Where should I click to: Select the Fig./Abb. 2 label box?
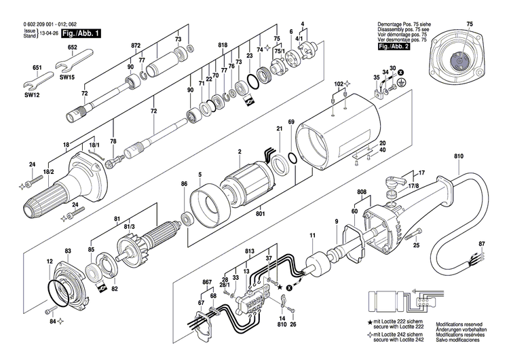click(395, 47)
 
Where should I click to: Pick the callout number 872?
click(136, 45)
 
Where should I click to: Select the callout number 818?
click(222, 45)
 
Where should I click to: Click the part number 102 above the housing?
click(339, 84)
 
